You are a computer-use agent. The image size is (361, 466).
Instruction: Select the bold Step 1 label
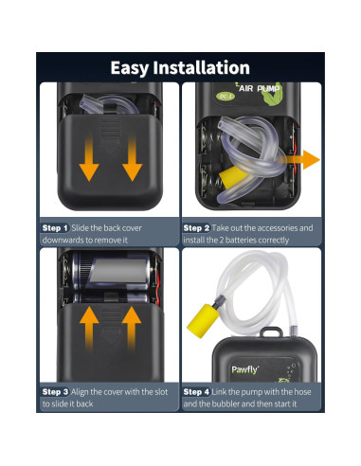(x=55, y=228)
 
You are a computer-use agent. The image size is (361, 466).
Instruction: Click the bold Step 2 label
(x=197, y=228)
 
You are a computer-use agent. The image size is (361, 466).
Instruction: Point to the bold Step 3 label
(x=55, y=390)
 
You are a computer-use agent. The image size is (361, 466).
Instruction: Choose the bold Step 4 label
(x=197, y=390)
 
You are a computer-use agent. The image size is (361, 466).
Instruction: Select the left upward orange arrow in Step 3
(x=88, y=328)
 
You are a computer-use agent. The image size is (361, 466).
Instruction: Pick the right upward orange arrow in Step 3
(x=131, y=328)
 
